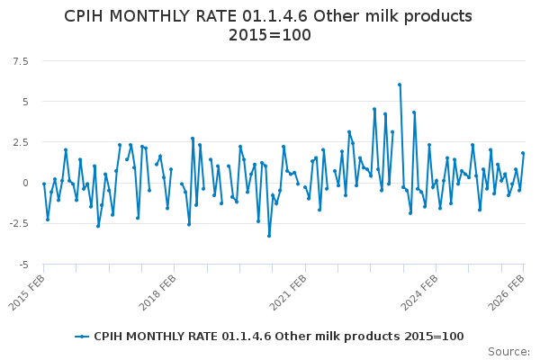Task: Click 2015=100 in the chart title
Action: [x=268, y=35]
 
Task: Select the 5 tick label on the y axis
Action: [x=25, y=102]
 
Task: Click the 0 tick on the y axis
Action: [x=25, y=183]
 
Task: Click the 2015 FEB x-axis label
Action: [x=29, y=291]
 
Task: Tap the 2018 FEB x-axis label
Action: [x=159, y=291]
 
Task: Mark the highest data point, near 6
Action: [x=400, y=85]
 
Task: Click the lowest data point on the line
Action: [x=269, y=236]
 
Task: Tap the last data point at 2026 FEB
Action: [x=523, y=153]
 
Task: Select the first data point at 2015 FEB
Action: [x=44, y=184]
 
